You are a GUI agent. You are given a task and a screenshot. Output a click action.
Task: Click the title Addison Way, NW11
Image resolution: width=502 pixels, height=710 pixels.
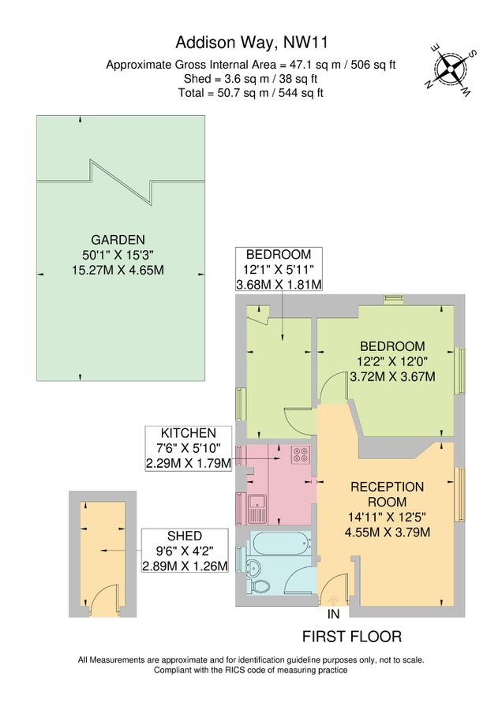[x=250, y=42]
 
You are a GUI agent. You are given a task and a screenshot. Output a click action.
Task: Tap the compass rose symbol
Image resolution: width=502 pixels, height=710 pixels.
[x=451, y=66]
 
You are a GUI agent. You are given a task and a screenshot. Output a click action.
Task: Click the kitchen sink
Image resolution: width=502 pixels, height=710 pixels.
[x=257, y=506]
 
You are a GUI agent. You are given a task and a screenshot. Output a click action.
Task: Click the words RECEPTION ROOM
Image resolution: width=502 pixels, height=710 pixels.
[x=386, y=494]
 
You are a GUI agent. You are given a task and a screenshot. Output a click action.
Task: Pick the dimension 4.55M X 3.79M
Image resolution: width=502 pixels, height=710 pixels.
[x=386, y=532]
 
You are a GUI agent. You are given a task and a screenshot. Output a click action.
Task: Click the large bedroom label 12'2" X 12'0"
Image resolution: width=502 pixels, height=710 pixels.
[x=392, y=361]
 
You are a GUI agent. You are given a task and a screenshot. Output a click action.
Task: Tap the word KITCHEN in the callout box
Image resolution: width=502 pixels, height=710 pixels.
[x=188, y=433]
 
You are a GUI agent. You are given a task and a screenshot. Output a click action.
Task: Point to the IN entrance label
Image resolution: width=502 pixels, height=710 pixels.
[x=333, y=614]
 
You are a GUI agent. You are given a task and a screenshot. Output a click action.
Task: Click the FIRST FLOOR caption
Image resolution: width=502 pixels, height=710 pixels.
[x=352, y=636]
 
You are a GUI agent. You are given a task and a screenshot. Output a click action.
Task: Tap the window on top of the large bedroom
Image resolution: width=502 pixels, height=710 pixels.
[x=392, y=298]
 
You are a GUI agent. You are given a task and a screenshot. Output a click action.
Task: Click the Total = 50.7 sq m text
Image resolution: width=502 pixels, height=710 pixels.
[x=251, y=92]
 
